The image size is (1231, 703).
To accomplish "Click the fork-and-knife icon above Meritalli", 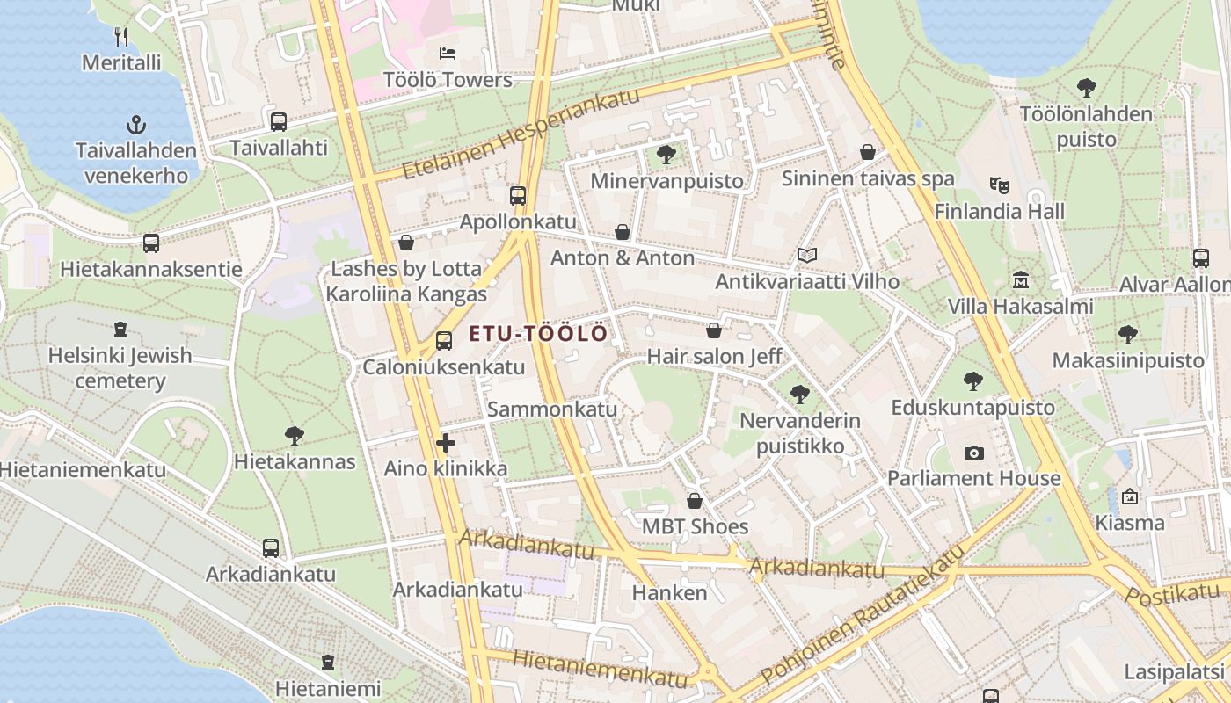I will coord(122,37).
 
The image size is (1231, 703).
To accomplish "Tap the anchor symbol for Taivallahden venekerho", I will coord(135,124).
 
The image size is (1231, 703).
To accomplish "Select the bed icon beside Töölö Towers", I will coord(447,54).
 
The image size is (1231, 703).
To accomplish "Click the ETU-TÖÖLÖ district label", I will coord(538,334).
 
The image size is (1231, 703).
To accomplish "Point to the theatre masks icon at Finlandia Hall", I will coord(999,185).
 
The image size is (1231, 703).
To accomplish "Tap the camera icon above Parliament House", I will coord(973,453).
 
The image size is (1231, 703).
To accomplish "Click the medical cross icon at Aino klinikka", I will coord(446,443).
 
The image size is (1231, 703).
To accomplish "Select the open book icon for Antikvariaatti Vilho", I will coord(806,256).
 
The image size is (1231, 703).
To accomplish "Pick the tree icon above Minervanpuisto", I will coord(666,155).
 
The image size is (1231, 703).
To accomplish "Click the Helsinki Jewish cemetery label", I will coord(120,368).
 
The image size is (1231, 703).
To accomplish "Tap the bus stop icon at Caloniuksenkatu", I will coord(444,341).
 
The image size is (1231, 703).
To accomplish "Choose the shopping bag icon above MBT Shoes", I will coord(695,501).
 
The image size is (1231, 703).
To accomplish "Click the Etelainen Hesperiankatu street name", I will coord(521,134).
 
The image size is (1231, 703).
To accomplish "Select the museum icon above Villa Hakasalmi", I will coord(1020,280).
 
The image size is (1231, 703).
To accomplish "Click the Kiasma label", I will coord(1129,523).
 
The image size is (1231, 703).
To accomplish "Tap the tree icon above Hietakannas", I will coord(295,435).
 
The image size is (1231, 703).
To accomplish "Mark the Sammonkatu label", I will coord(552,409).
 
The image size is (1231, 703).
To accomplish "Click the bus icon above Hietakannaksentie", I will coord(151,243).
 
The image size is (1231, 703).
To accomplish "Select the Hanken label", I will coord(669,593).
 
